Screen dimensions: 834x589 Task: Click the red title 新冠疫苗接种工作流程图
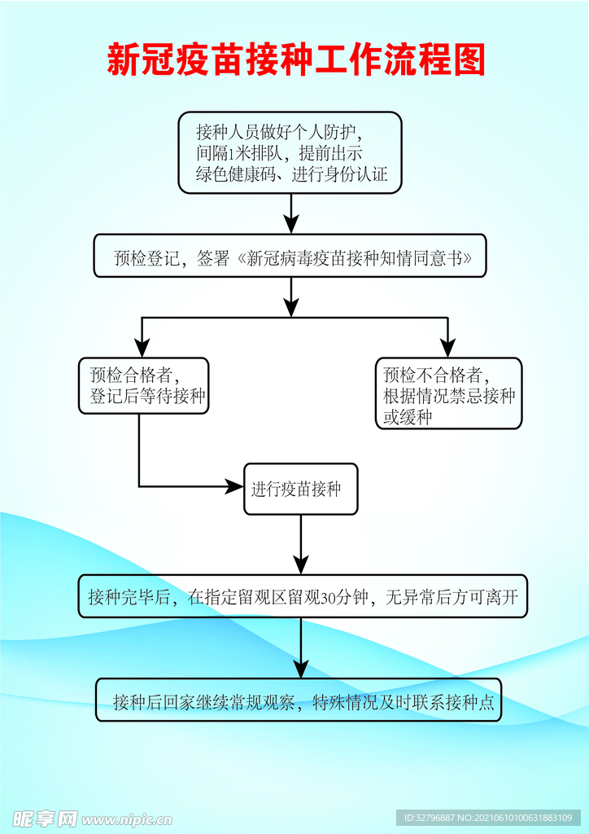click(x=296, y=60)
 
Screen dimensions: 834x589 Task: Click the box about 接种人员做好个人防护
click(x=290, y=152)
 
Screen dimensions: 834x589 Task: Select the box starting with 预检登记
click(x=290, y=258)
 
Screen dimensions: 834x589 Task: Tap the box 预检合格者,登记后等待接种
click(x=142, y=386)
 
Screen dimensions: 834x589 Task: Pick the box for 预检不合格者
click(x=448, y=393)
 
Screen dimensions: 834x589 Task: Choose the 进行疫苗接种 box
click(x=300, y=489)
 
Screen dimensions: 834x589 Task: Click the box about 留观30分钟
click(x=302, y=597)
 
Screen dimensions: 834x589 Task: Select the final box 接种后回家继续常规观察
click(x=298, y=700)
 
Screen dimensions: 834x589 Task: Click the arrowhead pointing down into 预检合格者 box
click(x=143, y=348)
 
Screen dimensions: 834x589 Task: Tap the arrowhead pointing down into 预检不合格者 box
click(x=448, y=348)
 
